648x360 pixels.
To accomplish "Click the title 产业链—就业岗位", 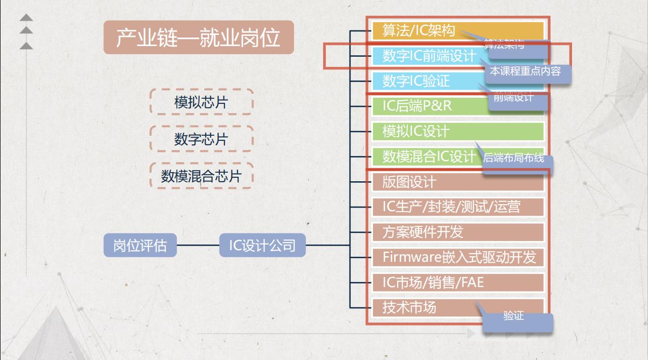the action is tap(199, 37).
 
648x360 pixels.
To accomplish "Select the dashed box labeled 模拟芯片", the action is tap(201, 102).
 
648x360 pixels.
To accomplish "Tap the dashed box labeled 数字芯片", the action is tap(201, 139).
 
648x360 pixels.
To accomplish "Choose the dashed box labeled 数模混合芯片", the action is tap(201, 176).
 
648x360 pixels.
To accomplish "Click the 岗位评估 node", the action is tap(140, 246).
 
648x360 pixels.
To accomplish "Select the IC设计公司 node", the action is tap(262, 246).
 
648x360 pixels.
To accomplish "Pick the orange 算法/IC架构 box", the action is tap(421, 31).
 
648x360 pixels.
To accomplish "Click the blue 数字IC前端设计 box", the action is tap(426, 56).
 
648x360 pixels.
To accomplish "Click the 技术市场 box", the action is tap(421, 307).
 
